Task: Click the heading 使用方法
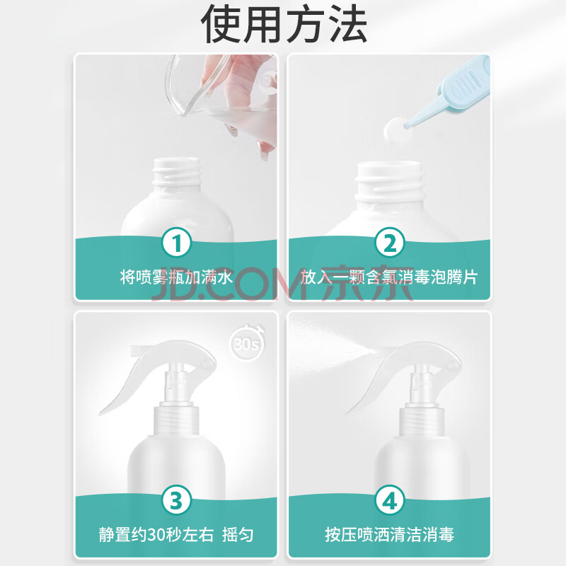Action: click(284, 24)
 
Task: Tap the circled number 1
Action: click(176, 243)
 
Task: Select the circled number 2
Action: click(390, 243)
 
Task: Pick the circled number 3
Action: click(176, 500)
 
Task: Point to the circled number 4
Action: click(390, 500)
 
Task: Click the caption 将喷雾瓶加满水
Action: click(176, 277)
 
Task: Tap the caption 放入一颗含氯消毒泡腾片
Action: click(389, 277)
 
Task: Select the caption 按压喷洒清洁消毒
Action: click(389, 535)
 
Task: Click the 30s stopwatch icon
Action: click(247, 343)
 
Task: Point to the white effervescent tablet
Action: click(395, 129)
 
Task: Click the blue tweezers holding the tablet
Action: click(451, 94)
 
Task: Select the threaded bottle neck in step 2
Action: click(389, 180)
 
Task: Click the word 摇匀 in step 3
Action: click(238, 535)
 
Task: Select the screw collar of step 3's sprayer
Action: click(176, 420)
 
